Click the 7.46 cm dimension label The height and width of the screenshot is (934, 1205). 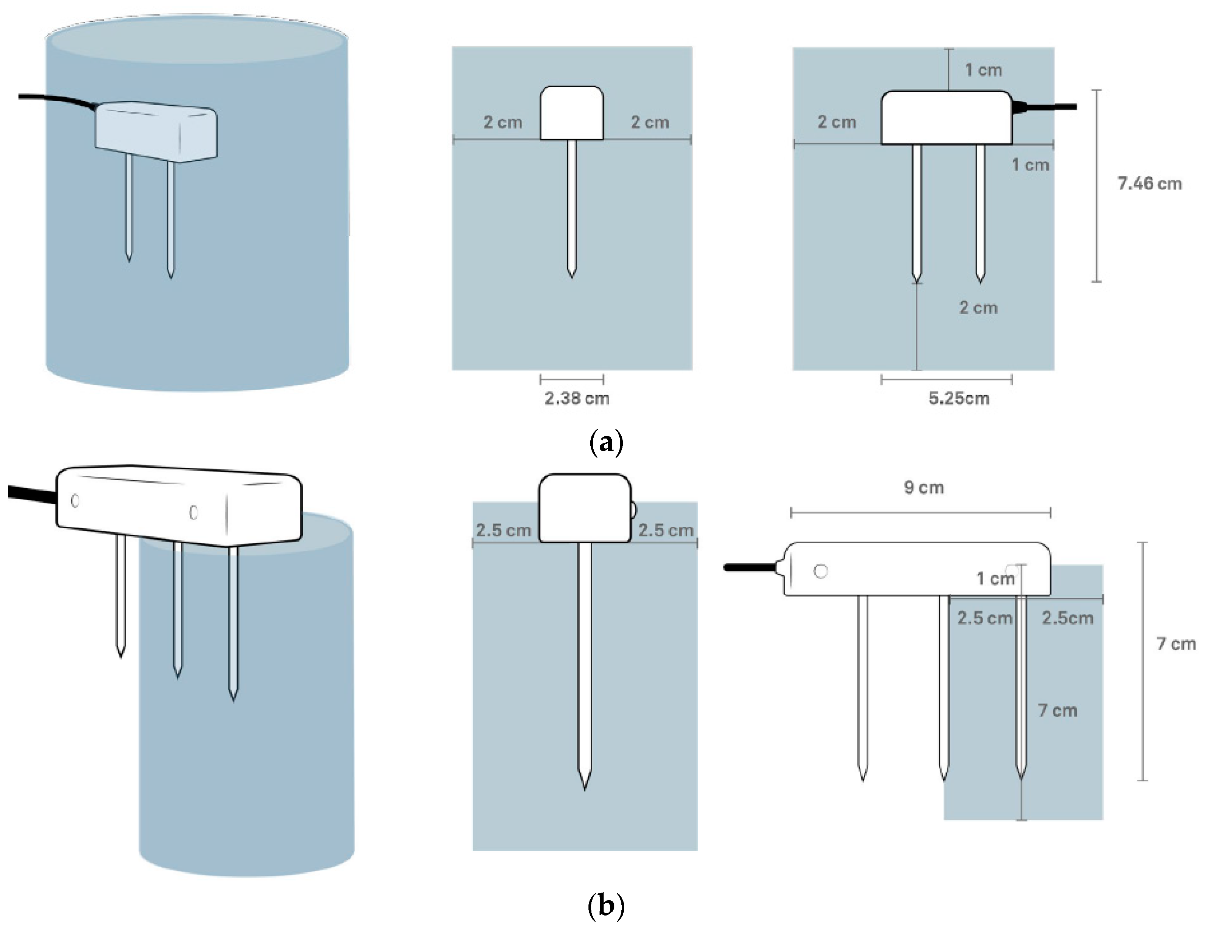[1149, 184]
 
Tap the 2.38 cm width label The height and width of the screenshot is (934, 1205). [577, 398]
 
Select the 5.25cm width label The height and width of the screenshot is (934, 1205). [958, 398]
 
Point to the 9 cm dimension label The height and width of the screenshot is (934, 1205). [924, 487]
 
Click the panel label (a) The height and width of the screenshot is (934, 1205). [606, 443]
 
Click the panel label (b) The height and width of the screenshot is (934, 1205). [606, 905]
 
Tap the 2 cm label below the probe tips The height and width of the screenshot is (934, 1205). [978, 308]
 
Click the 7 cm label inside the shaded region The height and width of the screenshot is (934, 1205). [1057, 711]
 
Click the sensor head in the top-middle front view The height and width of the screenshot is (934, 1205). [571, 113]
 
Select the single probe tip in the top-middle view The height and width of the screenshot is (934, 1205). [571, 273]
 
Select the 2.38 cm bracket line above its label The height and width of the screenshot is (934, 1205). [571, 379]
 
